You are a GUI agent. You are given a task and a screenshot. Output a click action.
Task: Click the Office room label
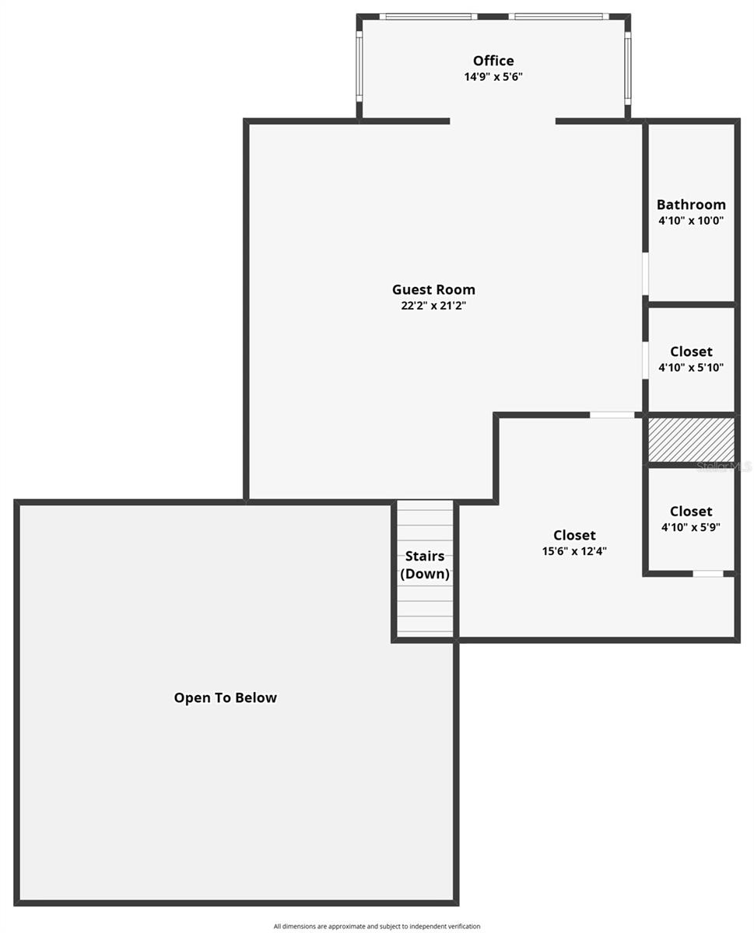(493, 61)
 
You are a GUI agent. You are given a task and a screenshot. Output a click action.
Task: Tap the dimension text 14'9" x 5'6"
(493, 77)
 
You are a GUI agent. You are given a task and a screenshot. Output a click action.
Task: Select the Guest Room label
(433, 290)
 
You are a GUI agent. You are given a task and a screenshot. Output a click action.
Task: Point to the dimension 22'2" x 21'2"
(433, 306)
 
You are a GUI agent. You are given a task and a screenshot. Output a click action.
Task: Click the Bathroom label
(691, 204)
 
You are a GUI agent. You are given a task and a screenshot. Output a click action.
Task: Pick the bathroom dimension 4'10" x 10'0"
(691, 220)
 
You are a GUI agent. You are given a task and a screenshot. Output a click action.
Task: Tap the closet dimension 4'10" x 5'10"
(691, 368)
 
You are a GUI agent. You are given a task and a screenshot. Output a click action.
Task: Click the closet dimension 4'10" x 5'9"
(691, 527)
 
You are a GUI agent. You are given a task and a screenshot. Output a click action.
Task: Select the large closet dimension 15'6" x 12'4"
(574, 551)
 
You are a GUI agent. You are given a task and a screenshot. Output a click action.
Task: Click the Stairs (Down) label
(425, 565)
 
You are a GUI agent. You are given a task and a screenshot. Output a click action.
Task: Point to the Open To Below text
(225, 697)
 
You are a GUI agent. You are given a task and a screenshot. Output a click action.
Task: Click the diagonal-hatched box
(691, 439)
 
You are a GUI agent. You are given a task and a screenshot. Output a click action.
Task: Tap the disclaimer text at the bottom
(377, 926)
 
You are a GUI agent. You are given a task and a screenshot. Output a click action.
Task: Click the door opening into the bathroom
(645, 274)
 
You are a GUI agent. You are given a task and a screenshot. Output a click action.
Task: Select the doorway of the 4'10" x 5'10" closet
(645, 360)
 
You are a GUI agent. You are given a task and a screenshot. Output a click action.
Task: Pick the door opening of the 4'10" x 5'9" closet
(707, 574)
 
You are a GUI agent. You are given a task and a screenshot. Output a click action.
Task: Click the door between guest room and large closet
(612, 415)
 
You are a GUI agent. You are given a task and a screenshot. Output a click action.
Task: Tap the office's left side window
(359, 66)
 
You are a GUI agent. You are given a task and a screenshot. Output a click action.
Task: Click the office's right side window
(627, 68)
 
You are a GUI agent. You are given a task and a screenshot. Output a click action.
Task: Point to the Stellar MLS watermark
(724, 466)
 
